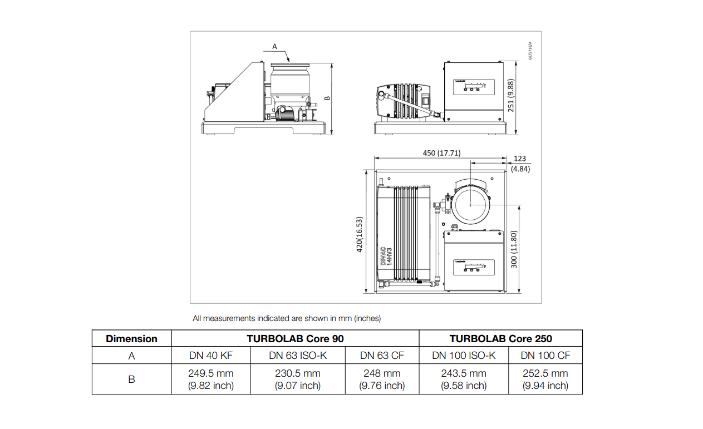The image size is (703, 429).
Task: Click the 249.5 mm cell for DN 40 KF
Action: pos(211,379)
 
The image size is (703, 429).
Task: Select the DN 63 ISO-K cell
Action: pos(297,355)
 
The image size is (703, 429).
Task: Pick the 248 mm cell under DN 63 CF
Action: pos(382,379)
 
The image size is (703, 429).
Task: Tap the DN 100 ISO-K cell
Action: pos(464,355)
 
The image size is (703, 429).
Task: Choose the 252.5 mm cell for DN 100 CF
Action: pos(545,379)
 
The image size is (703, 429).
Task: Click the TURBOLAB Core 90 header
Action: pos(295,338)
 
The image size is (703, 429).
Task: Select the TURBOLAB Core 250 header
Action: pos(500,338)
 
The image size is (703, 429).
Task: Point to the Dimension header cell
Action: pos(131,338)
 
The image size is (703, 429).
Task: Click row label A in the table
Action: pos(131,355)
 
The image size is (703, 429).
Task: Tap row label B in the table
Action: pos(131,379)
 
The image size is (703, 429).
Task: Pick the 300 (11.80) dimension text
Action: pos(514,249)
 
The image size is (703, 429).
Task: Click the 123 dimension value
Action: pos(520,159)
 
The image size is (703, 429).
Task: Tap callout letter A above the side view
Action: pos(274,46)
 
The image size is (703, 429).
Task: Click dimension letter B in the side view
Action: pos(327,98)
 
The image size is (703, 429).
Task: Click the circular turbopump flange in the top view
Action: pos(470,205)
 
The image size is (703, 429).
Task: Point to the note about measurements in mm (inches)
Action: pos(287,318)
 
